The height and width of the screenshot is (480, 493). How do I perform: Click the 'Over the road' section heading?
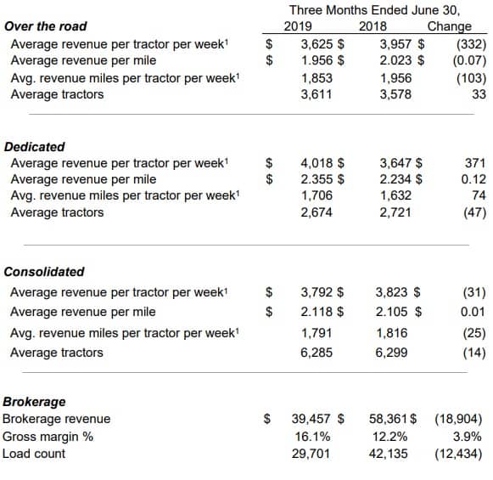tap(46, 26)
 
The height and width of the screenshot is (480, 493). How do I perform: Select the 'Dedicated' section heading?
tap(35, 147)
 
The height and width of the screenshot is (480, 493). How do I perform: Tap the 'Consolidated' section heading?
tap(44, 272)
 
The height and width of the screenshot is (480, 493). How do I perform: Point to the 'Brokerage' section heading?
tap(34, 402)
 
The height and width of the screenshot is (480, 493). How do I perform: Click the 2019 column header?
tap(298, 26)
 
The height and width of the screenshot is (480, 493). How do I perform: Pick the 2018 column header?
tap(373, 26)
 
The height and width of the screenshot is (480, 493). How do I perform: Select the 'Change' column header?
tap(449, 26)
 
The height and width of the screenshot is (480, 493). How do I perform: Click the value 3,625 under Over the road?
tap(317, 44)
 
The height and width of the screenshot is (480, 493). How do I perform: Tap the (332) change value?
tap(471, 44)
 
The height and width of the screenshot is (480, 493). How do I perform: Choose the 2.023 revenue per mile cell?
tap(395, 60)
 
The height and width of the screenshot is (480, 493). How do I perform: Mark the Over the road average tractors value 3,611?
tap(317, 94)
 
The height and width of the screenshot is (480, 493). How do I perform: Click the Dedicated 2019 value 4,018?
tap(317, 163)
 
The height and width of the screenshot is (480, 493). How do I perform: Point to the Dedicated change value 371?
tap(475, 163)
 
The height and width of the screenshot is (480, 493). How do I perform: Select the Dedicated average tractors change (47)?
tap(475, 212)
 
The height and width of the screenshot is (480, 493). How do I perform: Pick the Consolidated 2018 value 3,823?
tap(391, 292)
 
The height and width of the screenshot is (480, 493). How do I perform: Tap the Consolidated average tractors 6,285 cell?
tap(317, 353)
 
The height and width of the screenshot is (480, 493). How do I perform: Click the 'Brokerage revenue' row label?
tap(57, 419)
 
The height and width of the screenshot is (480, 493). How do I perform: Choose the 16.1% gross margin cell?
tap(312, 437)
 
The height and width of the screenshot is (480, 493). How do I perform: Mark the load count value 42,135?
tap(389, 454)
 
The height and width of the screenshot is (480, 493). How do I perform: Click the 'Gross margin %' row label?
tap(48, 437)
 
